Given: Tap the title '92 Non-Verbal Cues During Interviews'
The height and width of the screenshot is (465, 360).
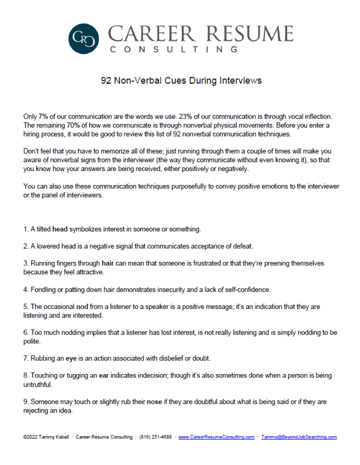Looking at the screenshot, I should (180, 80).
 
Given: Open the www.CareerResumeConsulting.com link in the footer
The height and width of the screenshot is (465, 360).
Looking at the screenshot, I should (216, 437).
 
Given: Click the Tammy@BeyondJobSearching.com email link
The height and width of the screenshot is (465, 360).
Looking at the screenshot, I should (299, 437).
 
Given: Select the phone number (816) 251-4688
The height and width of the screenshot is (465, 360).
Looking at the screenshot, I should (156, 437).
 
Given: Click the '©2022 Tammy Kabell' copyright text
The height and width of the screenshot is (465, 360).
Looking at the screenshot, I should (43, 437).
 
